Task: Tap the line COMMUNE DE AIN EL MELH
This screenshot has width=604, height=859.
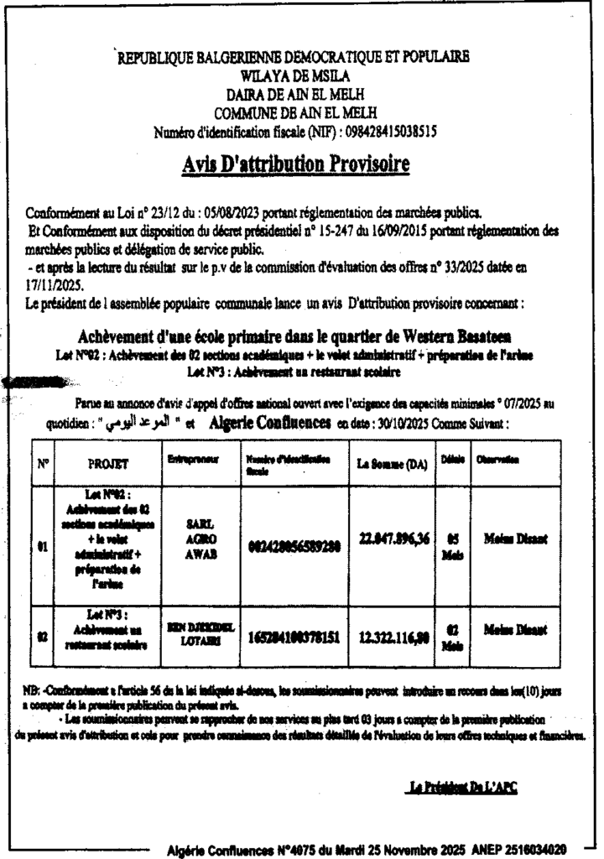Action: click(294, 112)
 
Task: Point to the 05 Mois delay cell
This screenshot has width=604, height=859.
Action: click(451, 546)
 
